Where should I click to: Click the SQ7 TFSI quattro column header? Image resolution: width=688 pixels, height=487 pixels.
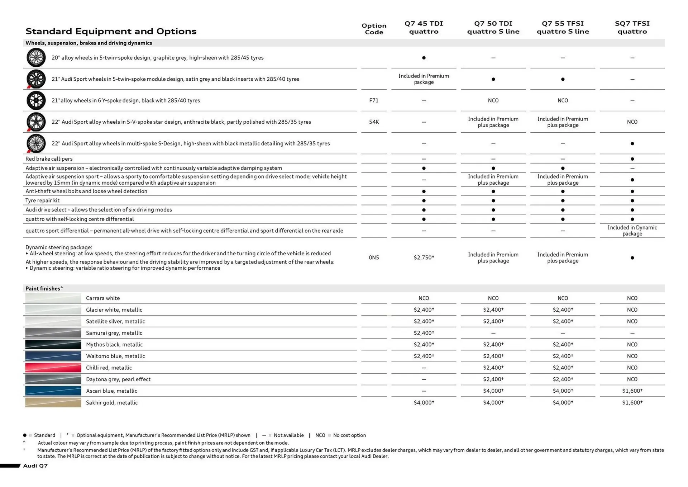point(632,28)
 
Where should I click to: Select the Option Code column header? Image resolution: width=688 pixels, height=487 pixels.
point(374,29)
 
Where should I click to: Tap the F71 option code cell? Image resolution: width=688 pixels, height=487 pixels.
point(374,100)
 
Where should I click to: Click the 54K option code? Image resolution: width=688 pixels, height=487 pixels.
point(374,122)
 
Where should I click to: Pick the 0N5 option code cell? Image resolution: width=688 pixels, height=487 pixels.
point(374,257)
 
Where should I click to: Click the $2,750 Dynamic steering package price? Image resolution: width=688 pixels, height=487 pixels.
point(424,257)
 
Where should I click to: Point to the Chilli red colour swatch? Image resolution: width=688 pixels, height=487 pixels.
point(53,368)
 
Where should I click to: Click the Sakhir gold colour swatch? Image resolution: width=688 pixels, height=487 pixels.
point(53,402)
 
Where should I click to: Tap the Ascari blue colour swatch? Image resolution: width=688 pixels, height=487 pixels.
point(53,391)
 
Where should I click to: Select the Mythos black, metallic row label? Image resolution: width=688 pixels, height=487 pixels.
point(114,345)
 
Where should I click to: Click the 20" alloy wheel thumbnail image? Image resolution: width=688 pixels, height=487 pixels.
point(36,57)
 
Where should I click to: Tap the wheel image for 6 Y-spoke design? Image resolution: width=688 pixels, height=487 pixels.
point(36,100)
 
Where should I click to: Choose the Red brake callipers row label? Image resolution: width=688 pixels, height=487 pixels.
point(49,159)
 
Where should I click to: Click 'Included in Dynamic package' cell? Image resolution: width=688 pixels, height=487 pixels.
point(632,231)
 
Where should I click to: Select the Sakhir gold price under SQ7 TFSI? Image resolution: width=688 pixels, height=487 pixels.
point(632,402)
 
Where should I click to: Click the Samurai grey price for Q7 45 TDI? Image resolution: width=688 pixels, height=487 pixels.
point(424,333)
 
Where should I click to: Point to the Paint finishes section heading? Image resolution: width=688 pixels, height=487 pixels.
point(44,288)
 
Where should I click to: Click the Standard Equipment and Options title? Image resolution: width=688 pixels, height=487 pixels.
point(111,31)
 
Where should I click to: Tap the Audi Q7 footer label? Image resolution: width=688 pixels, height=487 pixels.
point(35,465)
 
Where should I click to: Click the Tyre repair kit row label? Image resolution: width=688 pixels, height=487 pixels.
point(42,200)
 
